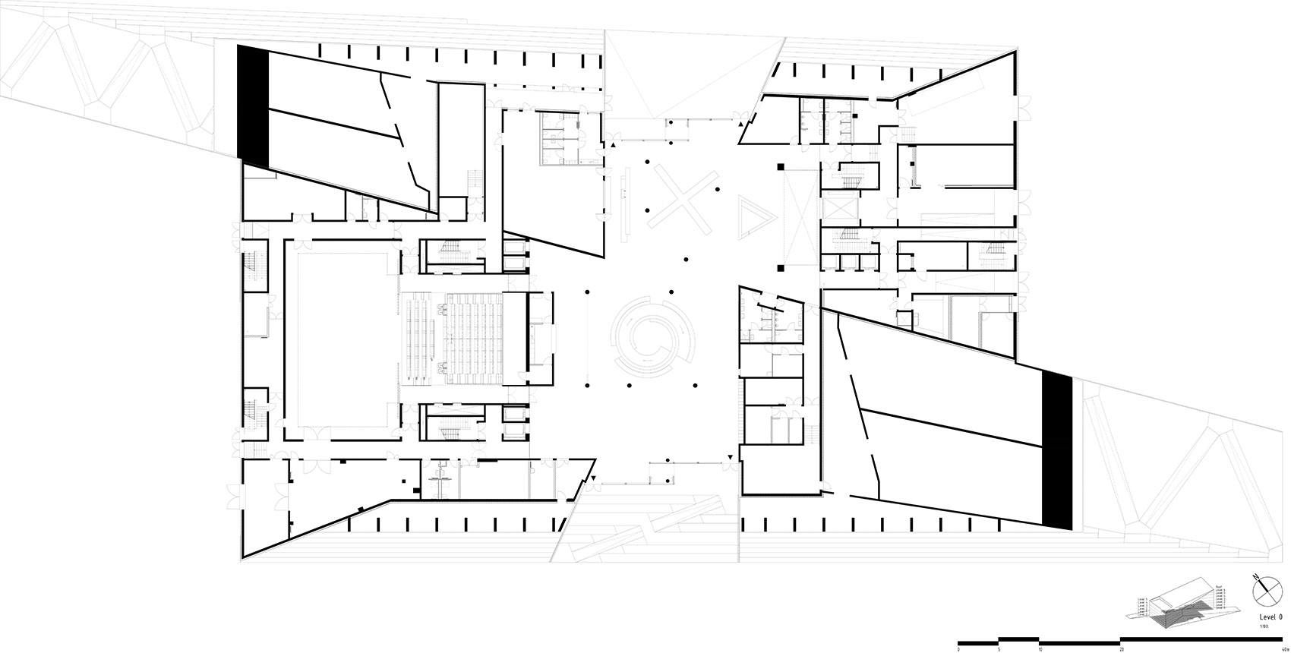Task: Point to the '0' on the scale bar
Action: tap(958, 648)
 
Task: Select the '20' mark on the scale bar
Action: tap(1122, 648)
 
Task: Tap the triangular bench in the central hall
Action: tap(754, 217)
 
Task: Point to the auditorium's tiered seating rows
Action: tap(475, 339)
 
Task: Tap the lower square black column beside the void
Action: tap(780, 267)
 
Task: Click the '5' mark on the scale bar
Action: tap(999, 648)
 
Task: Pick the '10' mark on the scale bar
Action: tap(1040, 648)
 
